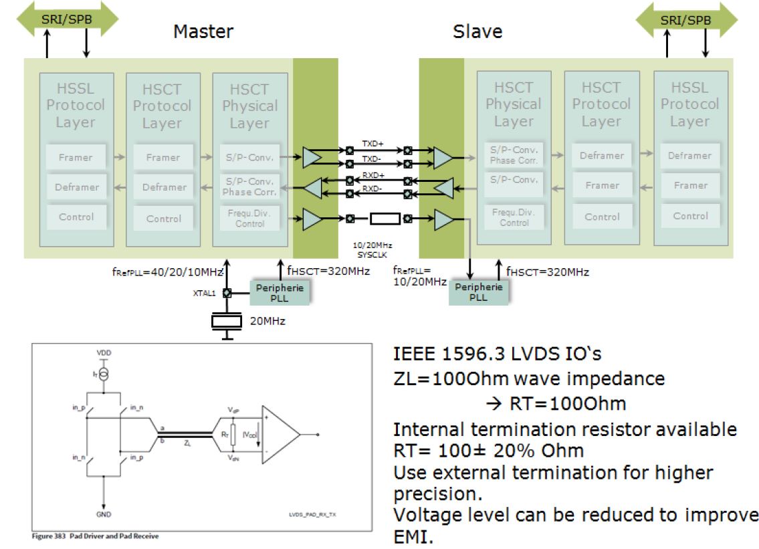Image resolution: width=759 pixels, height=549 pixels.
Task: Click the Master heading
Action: pyautogui.click(x=203, y=31)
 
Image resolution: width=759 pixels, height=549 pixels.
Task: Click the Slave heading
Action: pyautogui.click(x=477, y=31)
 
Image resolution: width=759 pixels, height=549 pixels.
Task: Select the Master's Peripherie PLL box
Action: pyautogui.click(x=280, y=292)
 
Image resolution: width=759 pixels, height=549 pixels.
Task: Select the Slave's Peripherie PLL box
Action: pyautogui.click(x=478, y=292)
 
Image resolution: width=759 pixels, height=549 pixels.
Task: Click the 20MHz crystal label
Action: pyautogui.click(x=267, y=321)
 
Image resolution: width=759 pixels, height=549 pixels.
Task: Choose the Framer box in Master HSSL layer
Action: pyautogui.click(x=75, y=157)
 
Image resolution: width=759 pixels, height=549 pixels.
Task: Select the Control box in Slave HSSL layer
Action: pyautogui.click(x=689, y=216)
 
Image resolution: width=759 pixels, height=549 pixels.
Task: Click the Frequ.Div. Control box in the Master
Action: pyautogui.click(x=249, y=218)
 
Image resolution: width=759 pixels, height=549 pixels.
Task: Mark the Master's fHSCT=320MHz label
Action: pyautogui.click(x=330, y=272)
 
